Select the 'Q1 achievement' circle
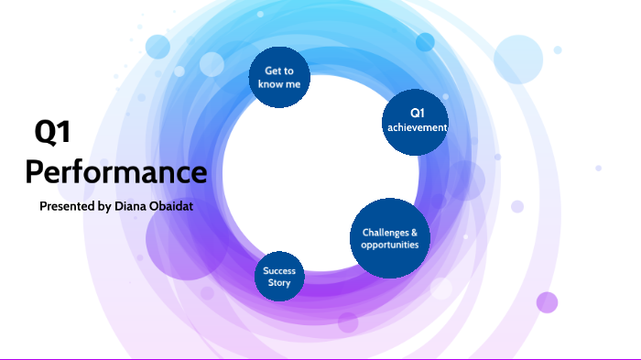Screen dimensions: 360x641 [416, 120]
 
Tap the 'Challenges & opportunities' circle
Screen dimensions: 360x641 [389, 238]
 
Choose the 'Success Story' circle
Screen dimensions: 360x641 [278, 277]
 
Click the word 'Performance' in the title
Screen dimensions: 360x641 [115, 171]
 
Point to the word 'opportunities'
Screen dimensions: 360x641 [389, 245]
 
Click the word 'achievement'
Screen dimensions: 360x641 [416, 127]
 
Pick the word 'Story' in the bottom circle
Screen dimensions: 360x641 [279, 283]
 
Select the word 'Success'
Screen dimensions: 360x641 [278, 271]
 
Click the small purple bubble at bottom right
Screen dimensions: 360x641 [547, 302]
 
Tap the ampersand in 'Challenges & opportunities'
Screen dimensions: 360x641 [414, 232]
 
